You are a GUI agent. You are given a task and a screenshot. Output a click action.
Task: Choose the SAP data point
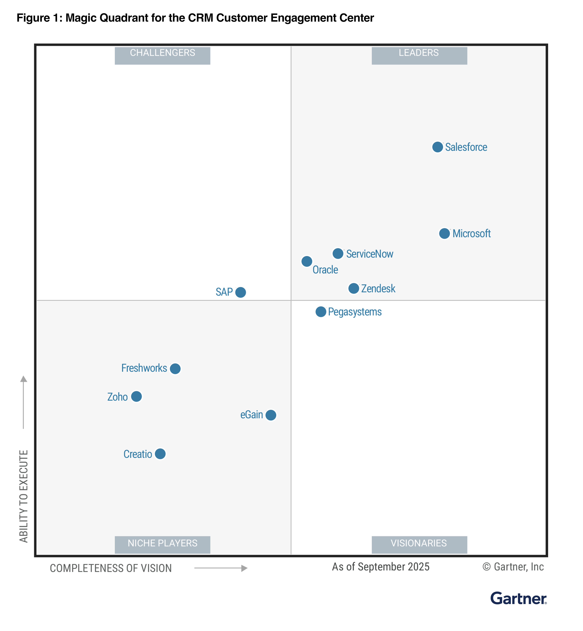[240, 292]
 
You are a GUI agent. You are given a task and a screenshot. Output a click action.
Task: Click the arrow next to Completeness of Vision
[221, 568]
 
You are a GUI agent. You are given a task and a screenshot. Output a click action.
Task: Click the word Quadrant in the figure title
[125, 18]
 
